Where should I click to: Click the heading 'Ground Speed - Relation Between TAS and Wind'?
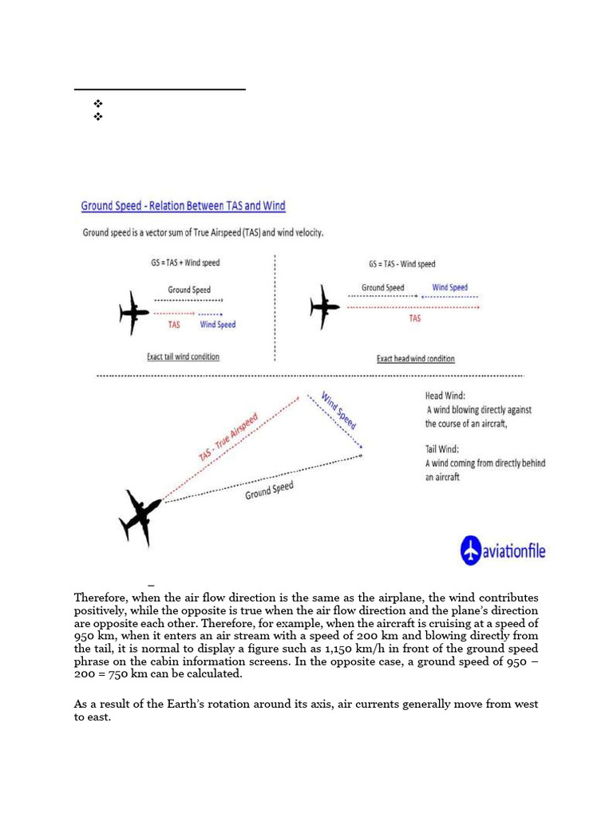[x=183, y=206]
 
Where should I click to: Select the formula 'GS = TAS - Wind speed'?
[x=401, y=264]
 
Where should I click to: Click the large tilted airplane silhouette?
[x=140, y=516]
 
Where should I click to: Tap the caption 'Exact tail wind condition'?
[x=183, y=357]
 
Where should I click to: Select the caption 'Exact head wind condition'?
[x=415, y=358]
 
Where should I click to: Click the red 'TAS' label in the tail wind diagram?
[x=174, y=325]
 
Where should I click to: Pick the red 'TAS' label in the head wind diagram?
[x=415, y=318]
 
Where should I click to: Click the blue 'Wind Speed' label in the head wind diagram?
[x=449, y=287]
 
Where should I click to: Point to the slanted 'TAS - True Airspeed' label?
[x=228, y=436]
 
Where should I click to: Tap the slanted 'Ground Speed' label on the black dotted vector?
[x=269, y=490]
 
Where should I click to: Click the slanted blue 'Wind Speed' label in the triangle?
[x=338, y=410]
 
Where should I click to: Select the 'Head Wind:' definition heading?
[x=445, y=396]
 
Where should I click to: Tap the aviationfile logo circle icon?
[x=472, y=550]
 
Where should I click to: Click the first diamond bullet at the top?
[x=99, y=104]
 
